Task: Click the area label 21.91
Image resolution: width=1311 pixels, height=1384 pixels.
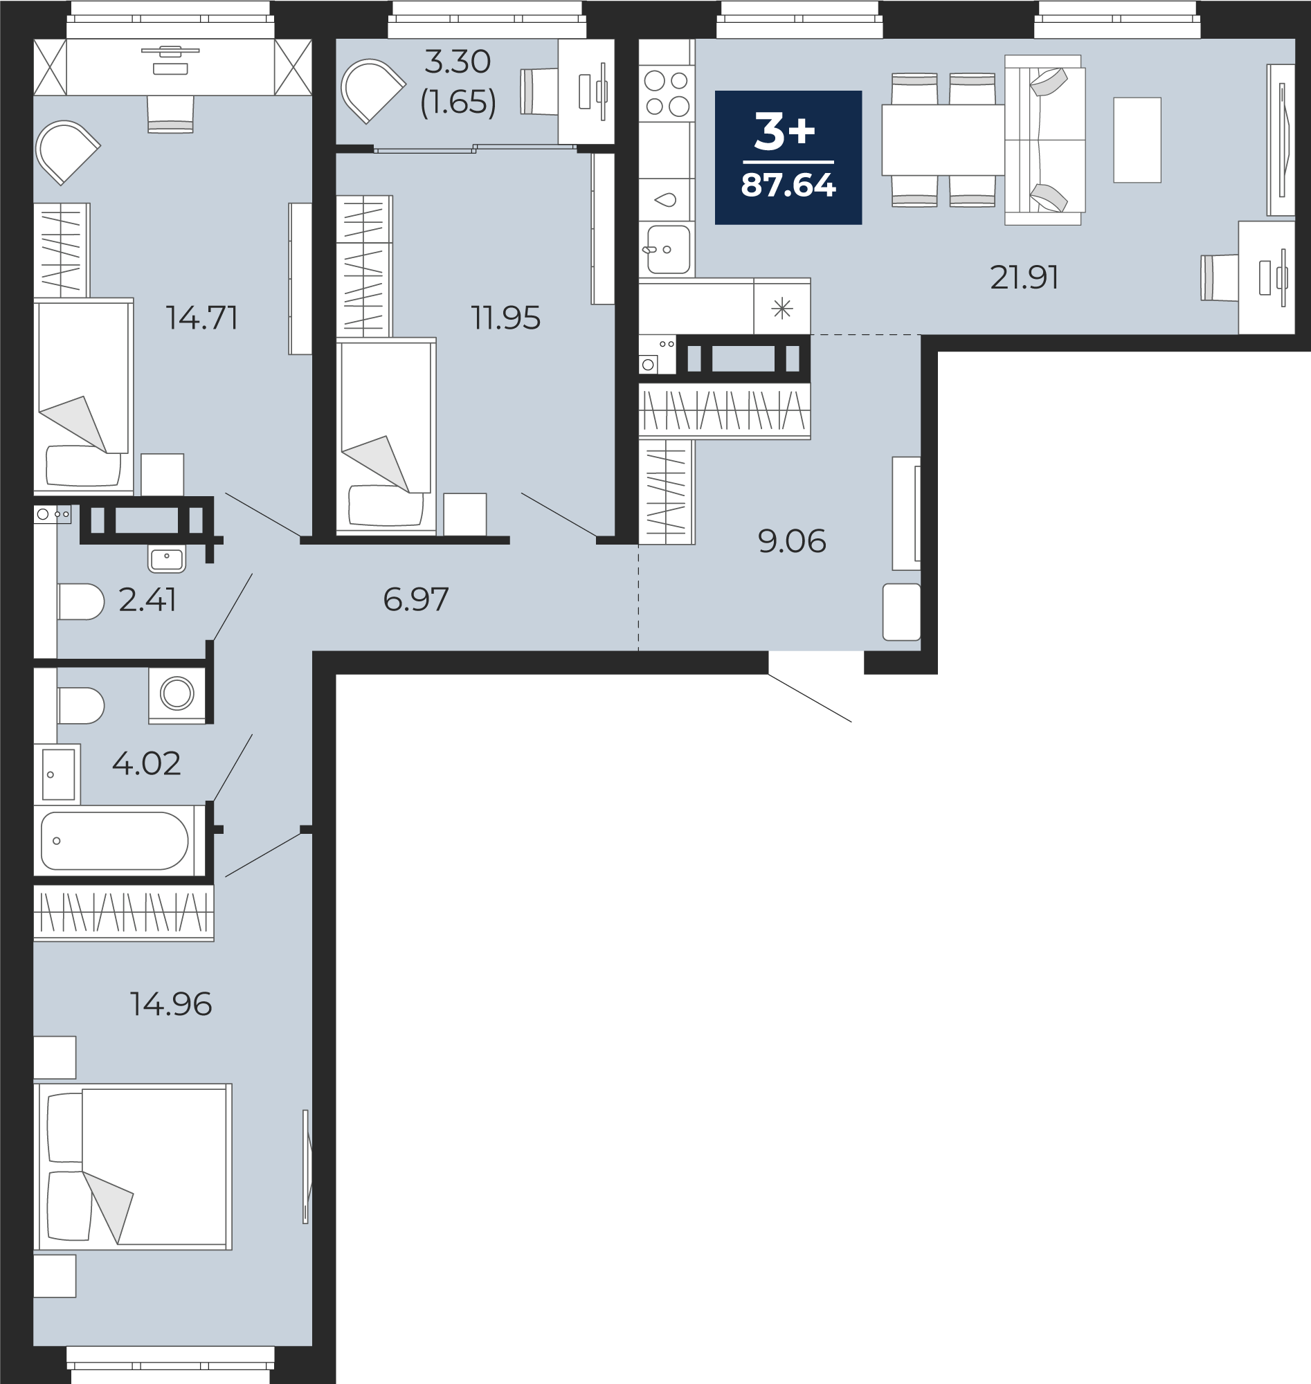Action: click(1024, 277)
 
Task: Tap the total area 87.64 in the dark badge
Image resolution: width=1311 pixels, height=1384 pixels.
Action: click(788, 185)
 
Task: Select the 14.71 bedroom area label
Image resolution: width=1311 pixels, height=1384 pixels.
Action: click(202, 318)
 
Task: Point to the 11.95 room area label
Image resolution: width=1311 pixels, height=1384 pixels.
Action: click(505, 318)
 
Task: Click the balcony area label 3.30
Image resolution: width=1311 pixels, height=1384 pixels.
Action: click(458, 62)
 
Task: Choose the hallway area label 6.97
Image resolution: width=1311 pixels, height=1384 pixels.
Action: click(416, 599)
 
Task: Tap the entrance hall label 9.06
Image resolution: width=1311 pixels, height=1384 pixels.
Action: click(792, 541)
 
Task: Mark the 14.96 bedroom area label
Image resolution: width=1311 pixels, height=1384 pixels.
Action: click(171, 1004)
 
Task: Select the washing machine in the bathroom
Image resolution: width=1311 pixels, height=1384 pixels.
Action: click(177, 695)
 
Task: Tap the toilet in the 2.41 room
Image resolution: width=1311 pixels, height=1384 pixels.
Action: click(81, 601)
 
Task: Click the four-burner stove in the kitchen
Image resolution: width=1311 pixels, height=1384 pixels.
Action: click(667, 93)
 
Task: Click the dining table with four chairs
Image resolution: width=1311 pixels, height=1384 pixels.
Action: click(943, 140)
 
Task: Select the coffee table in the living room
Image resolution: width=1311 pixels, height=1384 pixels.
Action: click(1137, 140)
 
